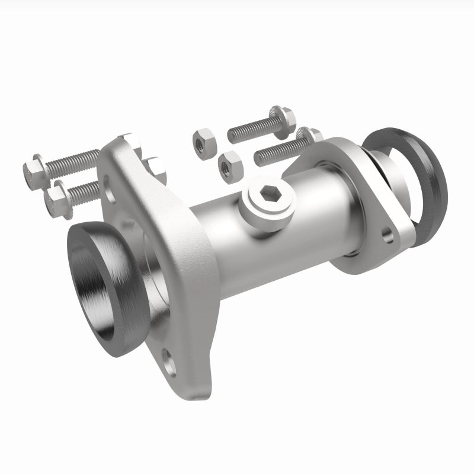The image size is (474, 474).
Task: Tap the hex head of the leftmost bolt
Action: click(33, 171)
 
